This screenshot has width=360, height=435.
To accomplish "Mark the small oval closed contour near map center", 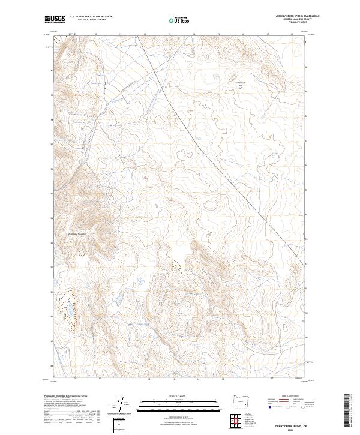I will pos(211,205).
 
